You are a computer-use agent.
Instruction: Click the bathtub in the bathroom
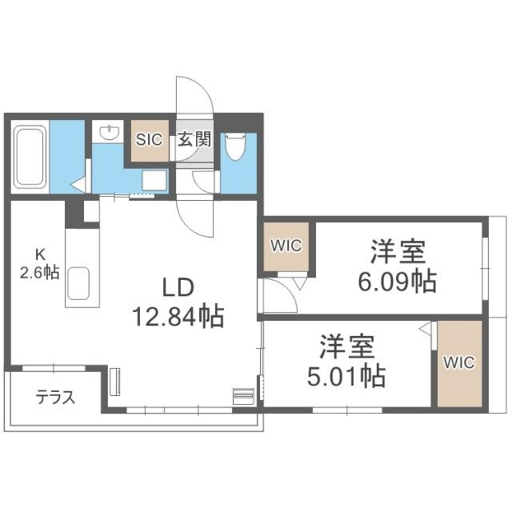pos(30,157)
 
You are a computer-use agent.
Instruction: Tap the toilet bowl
pos(235,146)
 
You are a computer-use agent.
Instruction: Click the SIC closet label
pos(150,140)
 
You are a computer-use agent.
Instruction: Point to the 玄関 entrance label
pos(194,139)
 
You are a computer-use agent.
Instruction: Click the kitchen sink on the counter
pos(78,283)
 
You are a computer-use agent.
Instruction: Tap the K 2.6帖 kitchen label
pos(39,264)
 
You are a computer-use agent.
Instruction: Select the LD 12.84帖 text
pos(178,302)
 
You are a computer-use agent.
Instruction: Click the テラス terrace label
pos(55,398)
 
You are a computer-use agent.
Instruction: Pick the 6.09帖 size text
pos(398,281)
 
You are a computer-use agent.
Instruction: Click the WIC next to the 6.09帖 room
pos(286,246)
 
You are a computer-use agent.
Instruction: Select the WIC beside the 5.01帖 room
pos(459,362)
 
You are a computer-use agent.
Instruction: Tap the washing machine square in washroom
pos(154,180)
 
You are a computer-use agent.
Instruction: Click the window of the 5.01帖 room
pos(347,410)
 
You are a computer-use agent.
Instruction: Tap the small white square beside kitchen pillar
pos(91,211)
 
